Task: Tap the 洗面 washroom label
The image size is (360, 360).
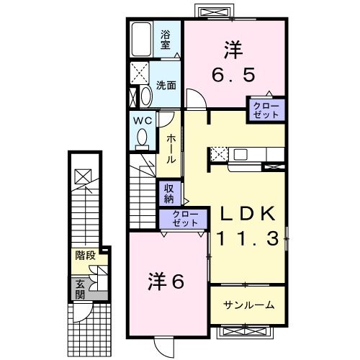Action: [167, 85]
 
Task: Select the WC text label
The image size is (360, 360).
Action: [141, 120]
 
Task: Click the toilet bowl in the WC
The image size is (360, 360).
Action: [142, 137]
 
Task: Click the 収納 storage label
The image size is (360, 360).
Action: [168, 193]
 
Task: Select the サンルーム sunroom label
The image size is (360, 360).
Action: [248, 305]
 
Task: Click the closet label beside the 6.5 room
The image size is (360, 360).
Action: [267, 109]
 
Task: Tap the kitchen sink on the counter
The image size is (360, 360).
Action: [240, 153]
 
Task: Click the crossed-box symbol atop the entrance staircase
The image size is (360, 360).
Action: [83, 175]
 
